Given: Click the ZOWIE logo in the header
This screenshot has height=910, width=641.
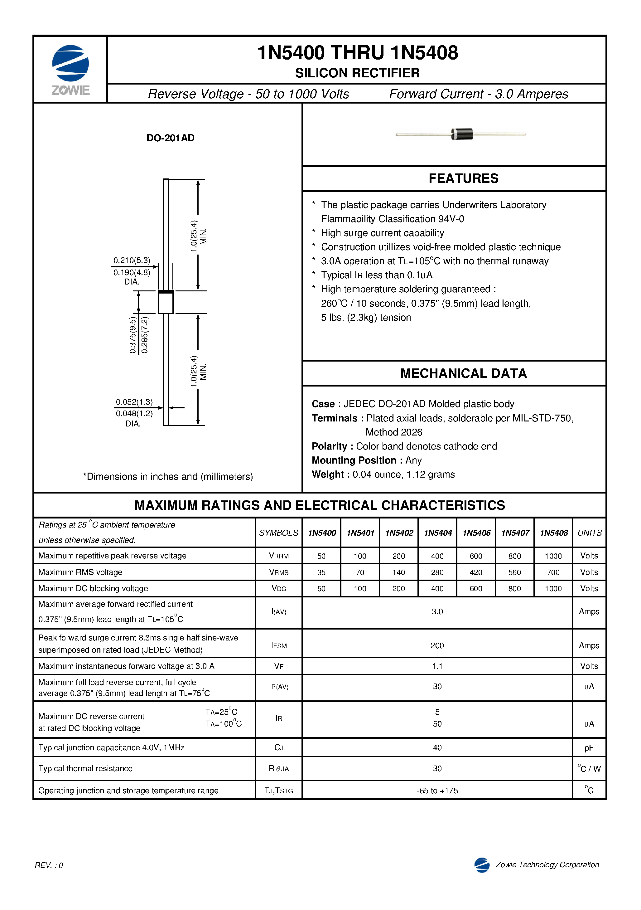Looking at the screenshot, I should tap(70, 69).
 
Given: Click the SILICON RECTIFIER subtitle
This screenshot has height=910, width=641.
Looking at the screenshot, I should tap(357, 73).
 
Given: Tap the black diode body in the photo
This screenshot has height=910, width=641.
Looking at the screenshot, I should tap(462, 134).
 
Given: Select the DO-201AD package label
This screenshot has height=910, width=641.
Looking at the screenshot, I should tap(170, 138).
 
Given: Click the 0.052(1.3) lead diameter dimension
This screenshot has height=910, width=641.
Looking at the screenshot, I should tap(134, 402).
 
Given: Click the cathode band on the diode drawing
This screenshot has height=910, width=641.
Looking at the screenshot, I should tap(166, 292).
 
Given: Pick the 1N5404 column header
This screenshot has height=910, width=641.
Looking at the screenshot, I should tap(437, 533).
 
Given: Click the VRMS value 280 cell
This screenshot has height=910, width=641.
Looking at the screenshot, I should tap(437, 572).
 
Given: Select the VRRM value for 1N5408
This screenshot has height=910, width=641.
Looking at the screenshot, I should tap(553, 556).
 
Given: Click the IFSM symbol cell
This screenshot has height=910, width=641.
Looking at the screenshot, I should tap(279, 646).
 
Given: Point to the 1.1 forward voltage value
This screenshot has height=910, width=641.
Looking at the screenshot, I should tap(437, 666).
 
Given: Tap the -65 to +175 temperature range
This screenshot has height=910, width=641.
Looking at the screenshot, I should tap(437, 791).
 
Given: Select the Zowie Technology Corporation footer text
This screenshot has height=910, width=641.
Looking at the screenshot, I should tap(547, 865).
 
